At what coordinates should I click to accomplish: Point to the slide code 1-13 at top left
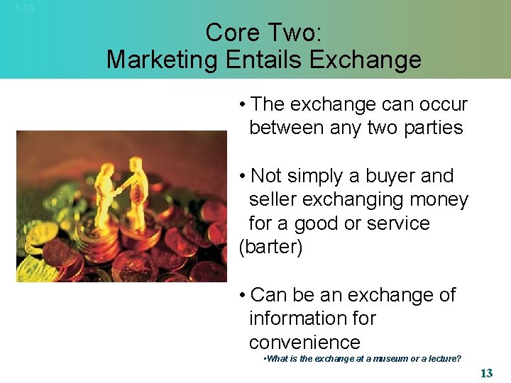(24, 9)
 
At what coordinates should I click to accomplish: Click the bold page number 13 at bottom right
(486, 373)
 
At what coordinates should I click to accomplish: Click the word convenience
(304, 343)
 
